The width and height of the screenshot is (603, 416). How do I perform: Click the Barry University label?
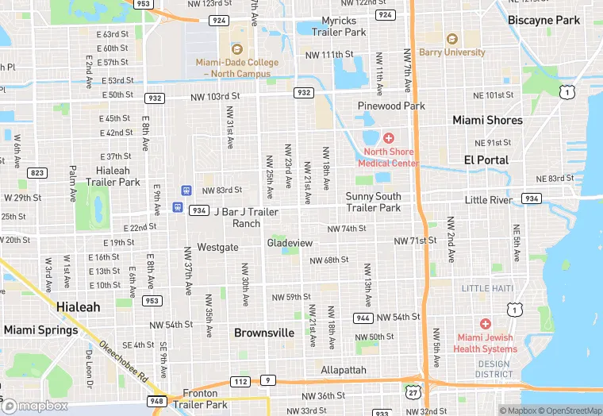453,52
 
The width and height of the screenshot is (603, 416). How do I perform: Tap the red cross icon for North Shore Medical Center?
388,138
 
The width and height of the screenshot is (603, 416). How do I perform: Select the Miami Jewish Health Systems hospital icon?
485,324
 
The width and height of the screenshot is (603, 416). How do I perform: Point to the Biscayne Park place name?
544,20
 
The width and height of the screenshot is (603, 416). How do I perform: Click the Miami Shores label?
487,120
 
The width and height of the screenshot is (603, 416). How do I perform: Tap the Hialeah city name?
78,306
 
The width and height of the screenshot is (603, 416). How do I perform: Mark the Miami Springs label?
40,329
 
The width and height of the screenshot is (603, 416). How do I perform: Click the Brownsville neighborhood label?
264,333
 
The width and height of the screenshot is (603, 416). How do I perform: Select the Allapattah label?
344,370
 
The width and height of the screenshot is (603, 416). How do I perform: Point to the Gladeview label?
290,242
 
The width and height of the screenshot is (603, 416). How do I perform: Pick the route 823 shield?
36,172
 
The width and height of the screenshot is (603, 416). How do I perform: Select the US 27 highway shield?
413,391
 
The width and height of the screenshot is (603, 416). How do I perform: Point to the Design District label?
493,369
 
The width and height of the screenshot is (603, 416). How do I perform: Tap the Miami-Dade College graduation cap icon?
236,49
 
